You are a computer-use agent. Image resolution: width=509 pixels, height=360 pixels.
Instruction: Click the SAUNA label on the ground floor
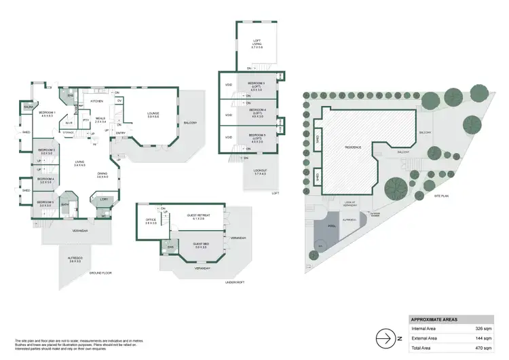pyautogui.click(x=27, y=107)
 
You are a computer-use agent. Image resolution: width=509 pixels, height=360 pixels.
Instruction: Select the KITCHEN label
pyautogui.click(x=96, y=101)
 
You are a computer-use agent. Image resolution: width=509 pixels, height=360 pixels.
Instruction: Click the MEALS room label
pyautogui.click(x=100, y=118)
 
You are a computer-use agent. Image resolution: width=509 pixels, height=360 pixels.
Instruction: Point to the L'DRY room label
pyautogui.click(x=104, y=200)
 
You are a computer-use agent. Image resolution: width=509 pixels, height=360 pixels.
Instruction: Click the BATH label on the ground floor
pyautogui.click(x=66, y=204)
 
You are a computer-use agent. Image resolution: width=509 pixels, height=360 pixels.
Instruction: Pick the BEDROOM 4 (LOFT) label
pyautogui.click(x=257, y=111)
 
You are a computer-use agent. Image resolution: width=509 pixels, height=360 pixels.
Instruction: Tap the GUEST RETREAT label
pyautogui.click(x=199, y=216)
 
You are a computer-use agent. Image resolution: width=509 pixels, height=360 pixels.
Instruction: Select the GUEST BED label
pyautogui.click(x=201, y=245)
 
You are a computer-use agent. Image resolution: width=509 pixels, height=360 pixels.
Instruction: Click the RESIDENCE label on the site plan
pyautogui.click(x=353, y=147)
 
